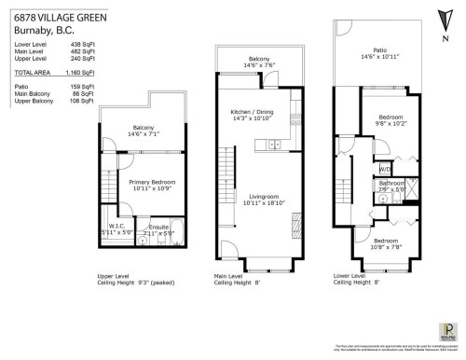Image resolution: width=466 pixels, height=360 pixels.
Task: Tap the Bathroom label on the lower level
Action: (391, 185)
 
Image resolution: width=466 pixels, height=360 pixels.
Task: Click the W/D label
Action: (385, 169)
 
